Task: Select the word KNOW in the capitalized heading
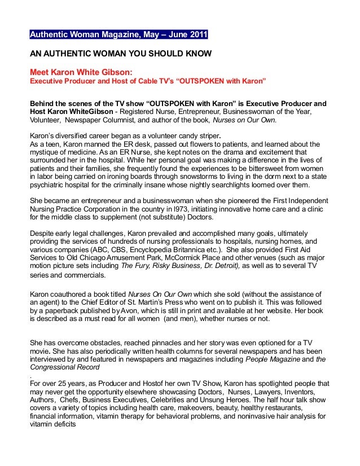click(x=195, y=56)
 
